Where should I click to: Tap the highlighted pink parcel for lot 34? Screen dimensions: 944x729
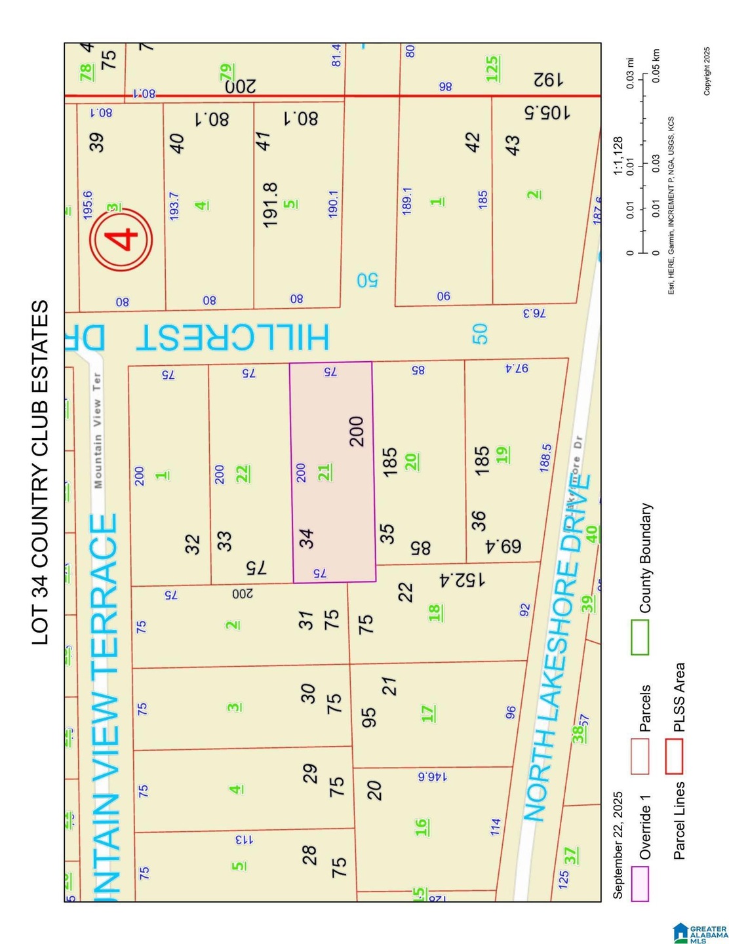pos(332,472)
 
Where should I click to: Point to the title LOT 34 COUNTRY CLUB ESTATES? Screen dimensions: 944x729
pos(41,472)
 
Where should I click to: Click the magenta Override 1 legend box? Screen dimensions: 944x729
pos(640,884)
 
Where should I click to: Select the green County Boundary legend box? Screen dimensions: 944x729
pos(640,637)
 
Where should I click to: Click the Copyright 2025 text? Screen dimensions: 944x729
pos(707,71)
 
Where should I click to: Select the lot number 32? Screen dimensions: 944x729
pos(192,544)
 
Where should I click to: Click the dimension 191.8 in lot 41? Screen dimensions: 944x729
pos(270,205)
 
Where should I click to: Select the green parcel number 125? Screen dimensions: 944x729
pos(493,69)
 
